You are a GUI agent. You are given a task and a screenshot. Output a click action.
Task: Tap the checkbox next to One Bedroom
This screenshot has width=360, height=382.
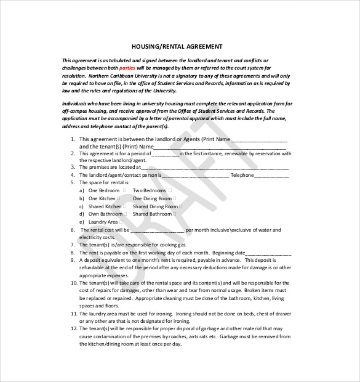pos(124,191)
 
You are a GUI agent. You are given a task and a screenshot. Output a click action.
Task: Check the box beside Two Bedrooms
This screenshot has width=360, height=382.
pos(169,191)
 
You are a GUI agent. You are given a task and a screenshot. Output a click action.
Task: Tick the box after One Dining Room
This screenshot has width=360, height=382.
pos(174,198)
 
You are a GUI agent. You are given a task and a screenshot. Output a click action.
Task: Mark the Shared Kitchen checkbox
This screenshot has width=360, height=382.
pos(126,206)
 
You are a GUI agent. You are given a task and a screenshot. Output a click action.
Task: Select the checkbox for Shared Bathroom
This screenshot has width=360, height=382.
pos(175,214)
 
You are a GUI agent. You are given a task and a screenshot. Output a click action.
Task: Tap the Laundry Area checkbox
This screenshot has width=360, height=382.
pos(121,222)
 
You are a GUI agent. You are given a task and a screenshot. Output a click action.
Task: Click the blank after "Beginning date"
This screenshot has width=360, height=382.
pos(269,253)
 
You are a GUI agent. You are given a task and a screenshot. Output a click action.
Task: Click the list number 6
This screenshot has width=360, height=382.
pos(73,229)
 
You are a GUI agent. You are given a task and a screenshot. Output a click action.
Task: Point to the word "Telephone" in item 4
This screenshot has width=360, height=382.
pos(242,175)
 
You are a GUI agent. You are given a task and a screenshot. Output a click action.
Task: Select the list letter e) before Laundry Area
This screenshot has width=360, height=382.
pos(81,222)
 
